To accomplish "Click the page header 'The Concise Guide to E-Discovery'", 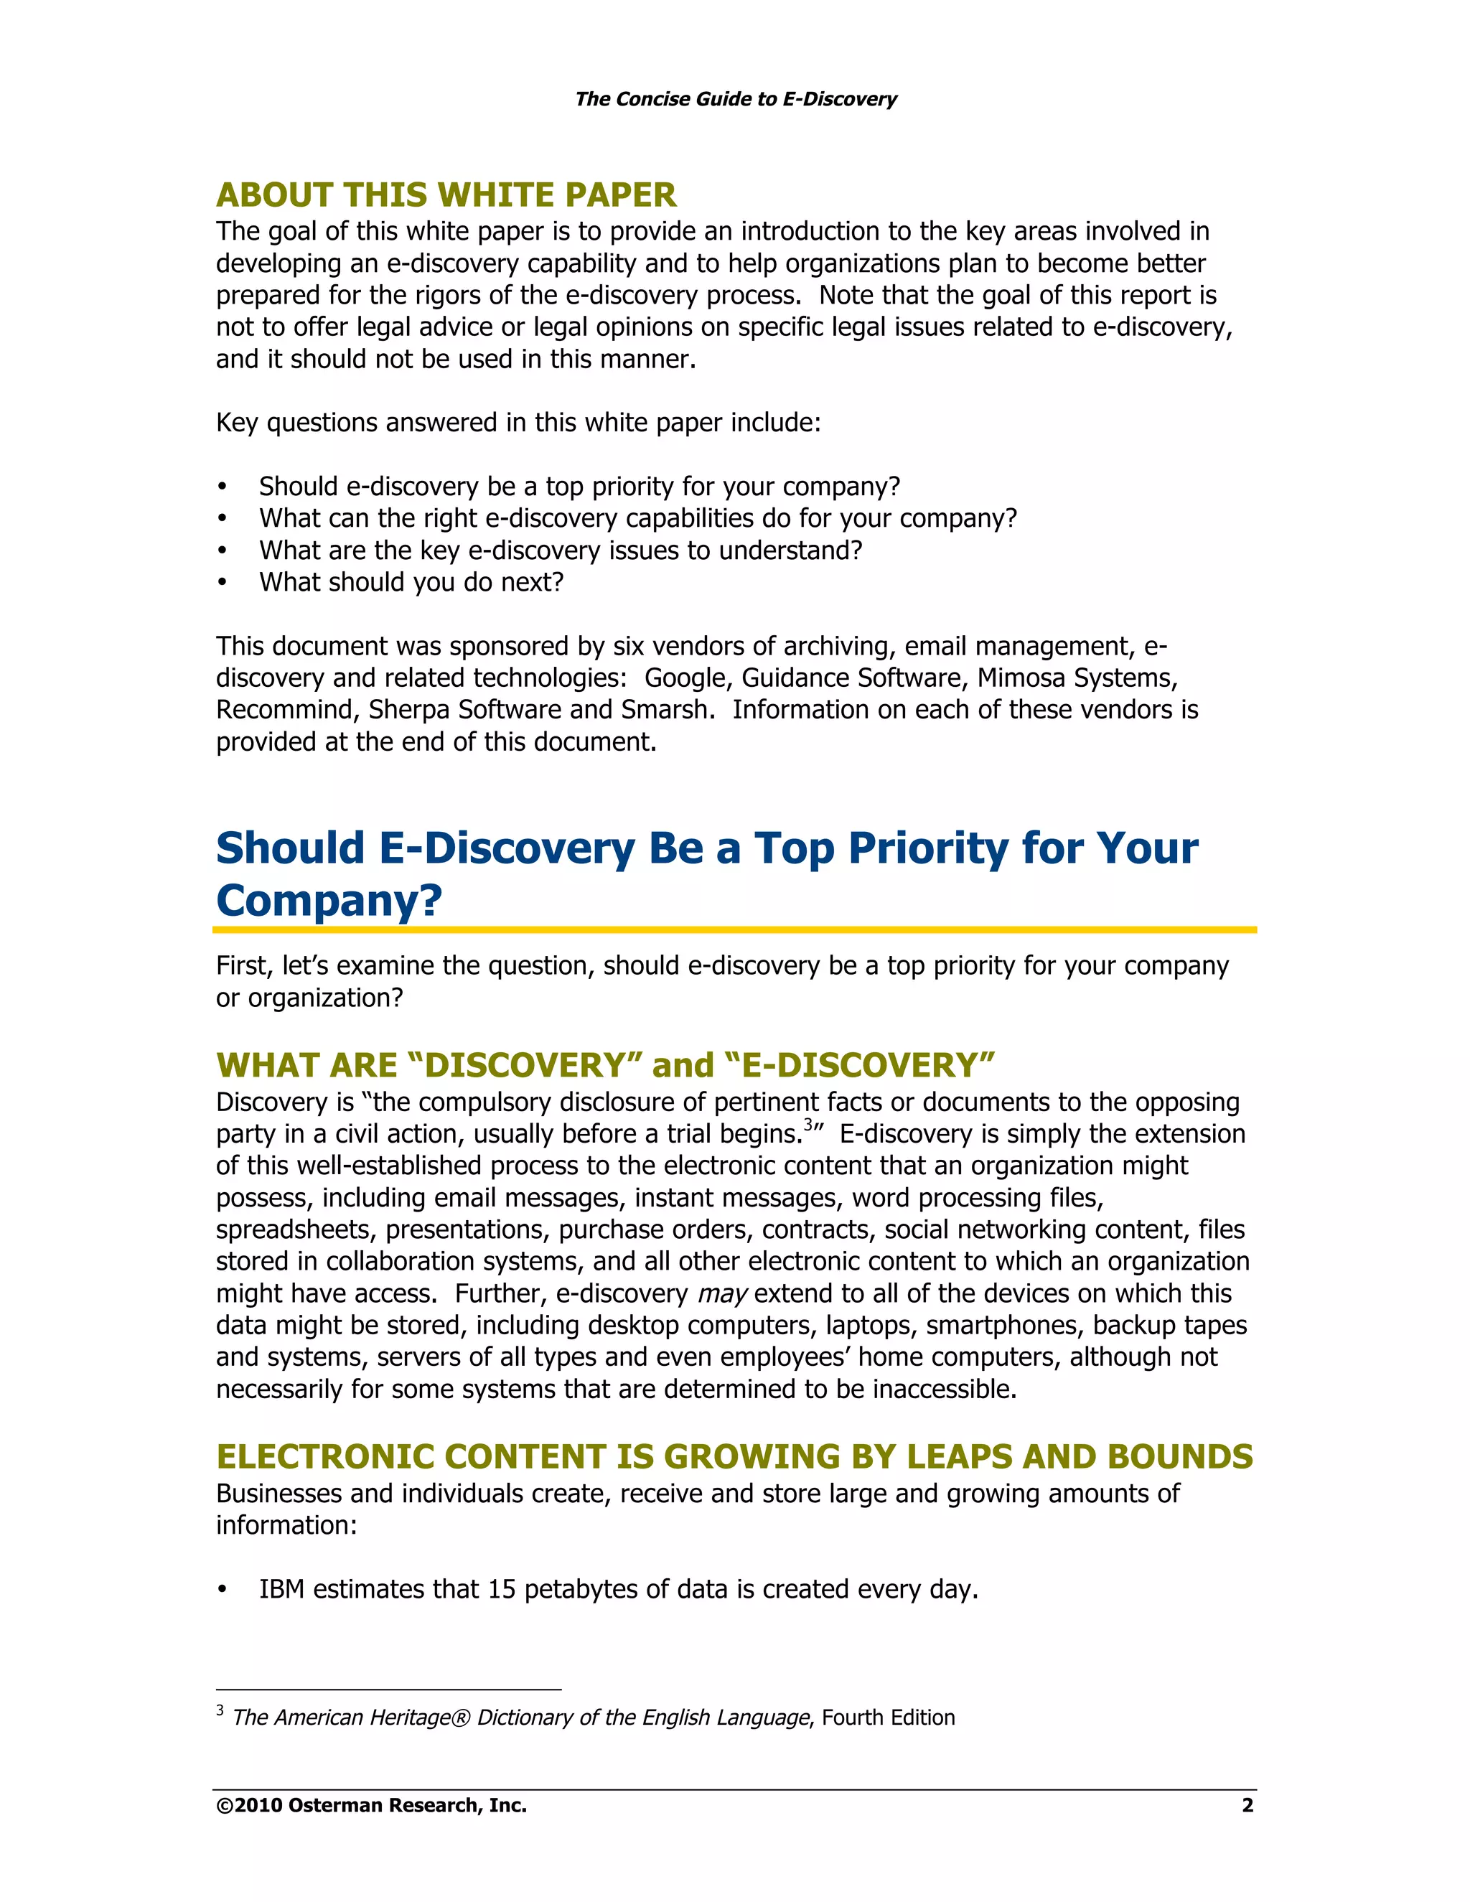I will [x=735, y=99].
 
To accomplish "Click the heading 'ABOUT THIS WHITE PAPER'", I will [x=446, y=195].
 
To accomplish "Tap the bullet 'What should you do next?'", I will [x=411, y=582].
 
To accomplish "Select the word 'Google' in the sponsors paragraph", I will [x=685, y=678].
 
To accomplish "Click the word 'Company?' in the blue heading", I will [x=329, y=901].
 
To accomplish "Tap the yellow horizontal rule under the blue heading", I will [x=734, y=930].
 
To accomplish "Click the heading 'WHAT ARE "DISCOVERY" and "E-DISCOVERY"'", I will [x=605, y=1066].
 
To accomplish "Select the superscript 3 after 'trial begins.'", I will [x=807, y=1125].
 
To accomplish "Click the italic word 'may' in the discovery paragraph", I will [x=722, y=1294].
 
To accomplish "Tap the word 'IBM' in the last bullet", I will [x=282, y=1589].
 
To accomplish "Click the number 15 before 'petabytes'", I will [x=502, y=1589].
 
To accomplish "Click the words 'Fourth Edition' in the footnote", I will [x=889, y=1718].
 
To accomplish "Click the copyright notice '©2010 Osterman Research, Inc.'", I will [x=372, y=1805].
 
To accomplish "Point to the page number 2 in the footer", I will [x=1247, y=1805].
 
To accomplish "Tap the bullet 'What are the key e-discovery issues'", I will [x=560, y=551].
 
